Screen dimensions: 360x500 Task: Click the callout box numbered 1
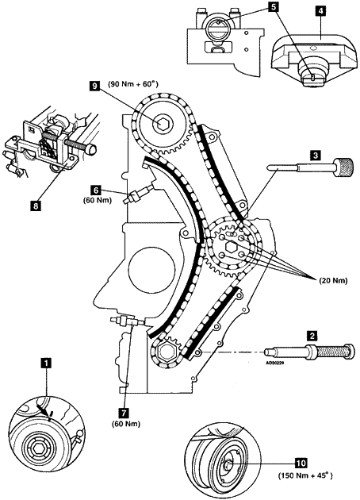click(x=47, y=363)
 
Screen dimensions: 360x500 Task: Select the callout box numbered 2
click(x=312, y=336)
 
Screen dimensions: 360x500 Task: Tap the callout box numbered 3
click(x=316, y=156)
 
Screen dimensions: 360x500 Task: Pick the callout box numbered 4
click(x=320, y=10)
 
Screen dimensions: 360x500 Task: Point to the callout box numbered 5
click(x=273, y=7)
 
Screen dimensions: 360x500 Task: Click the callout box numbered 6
click(x=96, y=190)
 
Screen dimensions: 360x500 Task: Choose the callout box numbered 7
click(x=123, y=413)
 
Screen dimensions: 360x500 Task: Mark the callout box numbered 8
click(x=35, y=206)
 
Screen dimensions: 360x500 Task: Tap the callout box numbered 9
click(x=95, y=86)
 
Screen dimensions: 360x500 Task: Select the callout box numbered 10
click(x=301, y=462)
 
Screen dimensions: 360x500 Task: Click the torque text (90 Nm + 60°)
click(x=133, y=84)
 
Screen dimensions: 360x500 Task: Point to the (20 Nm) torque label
click(x=334, y=281)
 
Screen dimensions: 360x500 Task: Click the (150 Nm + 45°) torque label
click(x=305, y=475)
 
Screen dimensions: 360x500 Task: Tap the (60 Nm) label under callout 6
click(x=98, y=201)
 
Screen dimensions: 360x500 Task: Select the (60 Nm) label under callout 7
click(x=126, y=424)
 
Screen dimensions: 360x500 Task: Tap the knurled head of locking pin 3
click(x=344, y=167)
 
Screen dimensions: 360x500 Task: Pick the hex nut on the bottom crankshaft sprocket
click(x=167, y=352)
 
